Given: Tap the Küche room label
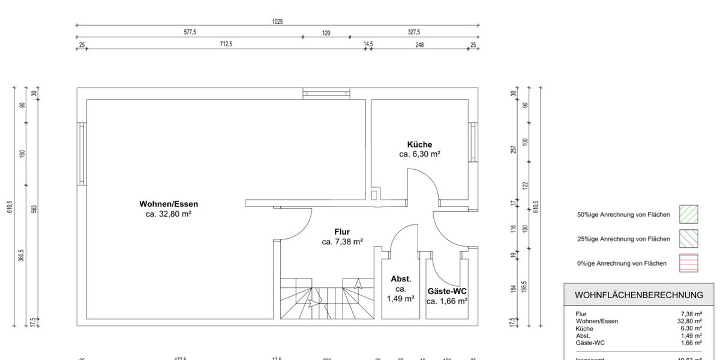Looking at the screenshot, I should [419, 145].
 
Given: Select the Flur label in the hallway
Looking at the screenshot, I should [342, 232].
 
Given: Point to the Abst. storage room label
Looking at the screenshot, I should [401, 279].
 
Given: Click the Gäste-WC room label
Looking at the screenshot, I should [447, 291].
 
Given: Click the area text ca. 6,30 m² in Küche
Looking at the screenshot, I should [420, 154].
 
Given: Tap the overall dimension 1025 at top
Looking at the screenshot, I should [277, 22].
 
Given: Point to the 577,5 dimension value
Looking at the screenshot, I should [191, 33].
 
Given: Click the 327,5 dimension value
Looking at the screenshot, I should [414, 33].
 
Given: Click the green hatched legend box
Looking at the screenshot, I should [689, 214].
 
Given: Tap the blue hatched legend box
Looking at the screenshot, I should [689, 239].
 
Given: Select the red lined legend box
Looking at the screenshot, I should [689, 263].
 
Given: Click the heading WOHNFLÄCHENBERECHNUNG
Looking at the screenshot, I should [639, 295].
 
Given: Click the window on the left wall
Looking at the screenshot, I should [82, 154].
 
